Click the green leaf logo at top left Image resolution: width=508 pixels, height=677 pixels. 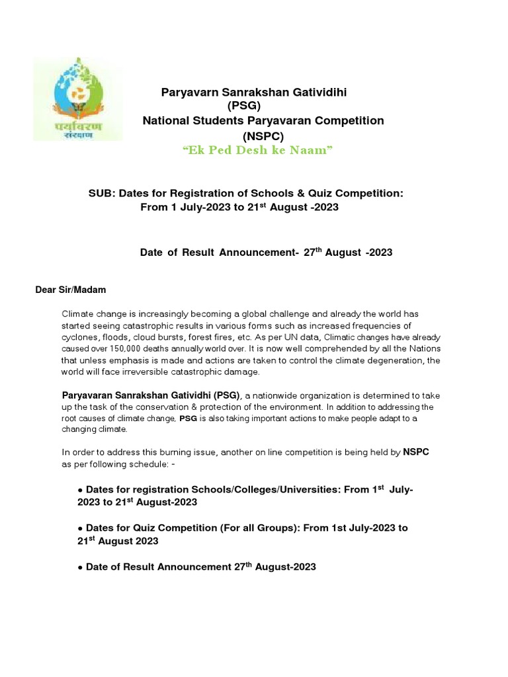point(77,99)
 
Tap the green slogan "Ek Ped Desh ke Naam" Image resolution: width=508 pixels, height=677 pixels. point(257,151)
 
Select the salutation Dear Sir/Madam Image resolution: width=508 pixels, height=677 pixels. point(70,290)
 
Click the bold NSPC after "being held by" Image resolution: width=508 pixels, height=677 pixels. point(417,453)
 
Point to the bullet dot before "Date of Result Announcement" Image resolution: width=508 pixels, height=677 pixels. point(80,567)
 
